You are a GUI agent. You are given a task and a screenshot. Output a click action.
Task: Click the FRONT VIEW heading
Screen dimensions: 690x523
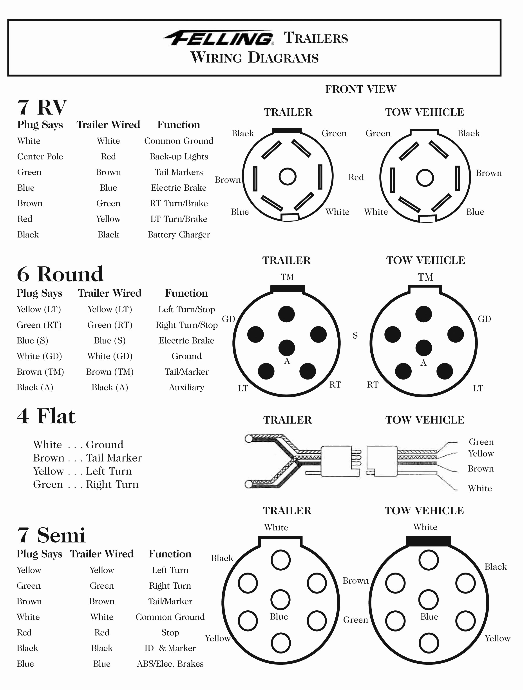click(x=361, y=89)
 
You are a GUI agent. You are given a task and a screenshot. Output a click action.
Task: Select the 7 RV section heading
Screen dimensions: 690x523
click(x=42, y=107)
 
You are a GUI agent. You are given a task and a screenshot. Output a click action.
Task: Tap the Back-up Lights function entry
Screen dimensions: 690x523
click(x=179, y=157)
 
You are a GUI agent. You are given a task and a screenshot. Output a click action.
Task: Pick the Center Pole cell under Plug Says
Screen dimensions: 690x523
click(x=40, y=157)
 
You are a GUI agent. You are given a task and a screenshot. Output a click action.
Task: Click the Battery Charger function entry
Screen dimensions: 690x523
click(x=179, y=235)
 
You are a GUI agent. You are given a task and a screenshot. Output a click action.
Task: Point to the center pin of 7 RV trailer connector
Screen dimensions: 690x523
click(x=287, y=177)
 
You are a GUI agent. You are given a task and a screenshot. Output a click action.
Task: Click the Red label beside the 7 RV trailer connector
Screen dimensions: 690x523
click(x=356, y=177)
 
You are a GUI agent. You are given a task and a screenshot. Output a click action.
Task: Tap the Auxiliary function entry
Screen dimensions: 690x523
click(x=186, y=387)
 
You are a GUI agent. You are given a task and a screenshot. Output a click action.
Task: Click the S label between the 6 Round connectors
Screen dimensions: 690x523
click(x=355, y=336)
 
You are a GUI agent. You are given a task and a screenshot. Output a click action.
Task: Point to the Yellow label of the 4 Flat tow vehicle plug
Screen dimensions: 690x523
click(x=481, y=454)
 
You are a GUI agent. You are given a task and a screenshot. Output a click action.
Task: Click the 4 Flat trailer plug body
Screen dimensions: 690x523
click(x=336, y=461)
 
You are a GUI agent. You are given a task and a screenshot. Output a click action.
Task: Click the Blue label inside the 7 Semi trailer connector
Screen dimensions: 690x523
click(x=279, y=617)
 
